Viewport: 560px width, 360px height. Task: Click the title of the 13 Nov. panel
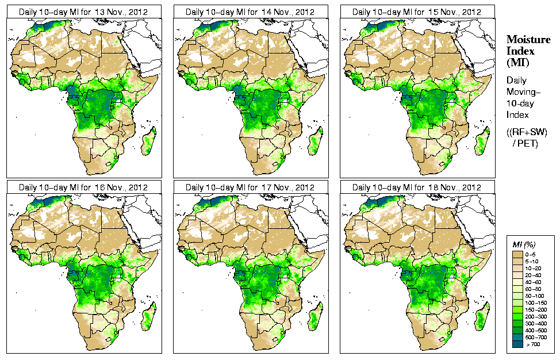(x=83, y=12)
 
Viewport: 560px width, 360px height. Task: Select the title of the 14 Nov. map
(x=250, y=12)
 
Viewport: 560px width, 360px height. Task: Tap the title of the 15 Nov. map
(x=416, y=12)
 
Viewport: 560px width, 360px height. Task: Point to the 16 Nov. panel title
(x=83, y=187)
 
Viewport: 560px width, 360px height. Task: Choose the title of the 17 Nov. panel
(x=250, y=187)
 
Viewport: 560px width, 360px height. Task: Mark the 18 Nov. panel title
(x=416, y=187)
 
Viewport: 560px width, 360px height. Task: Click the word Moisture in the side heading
(x=528, y=39)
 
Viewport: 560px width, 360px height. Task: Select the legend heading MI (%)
(x=524, y=245)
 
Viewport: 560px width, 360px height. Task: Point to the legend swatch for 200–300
(x=517, y=315)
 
